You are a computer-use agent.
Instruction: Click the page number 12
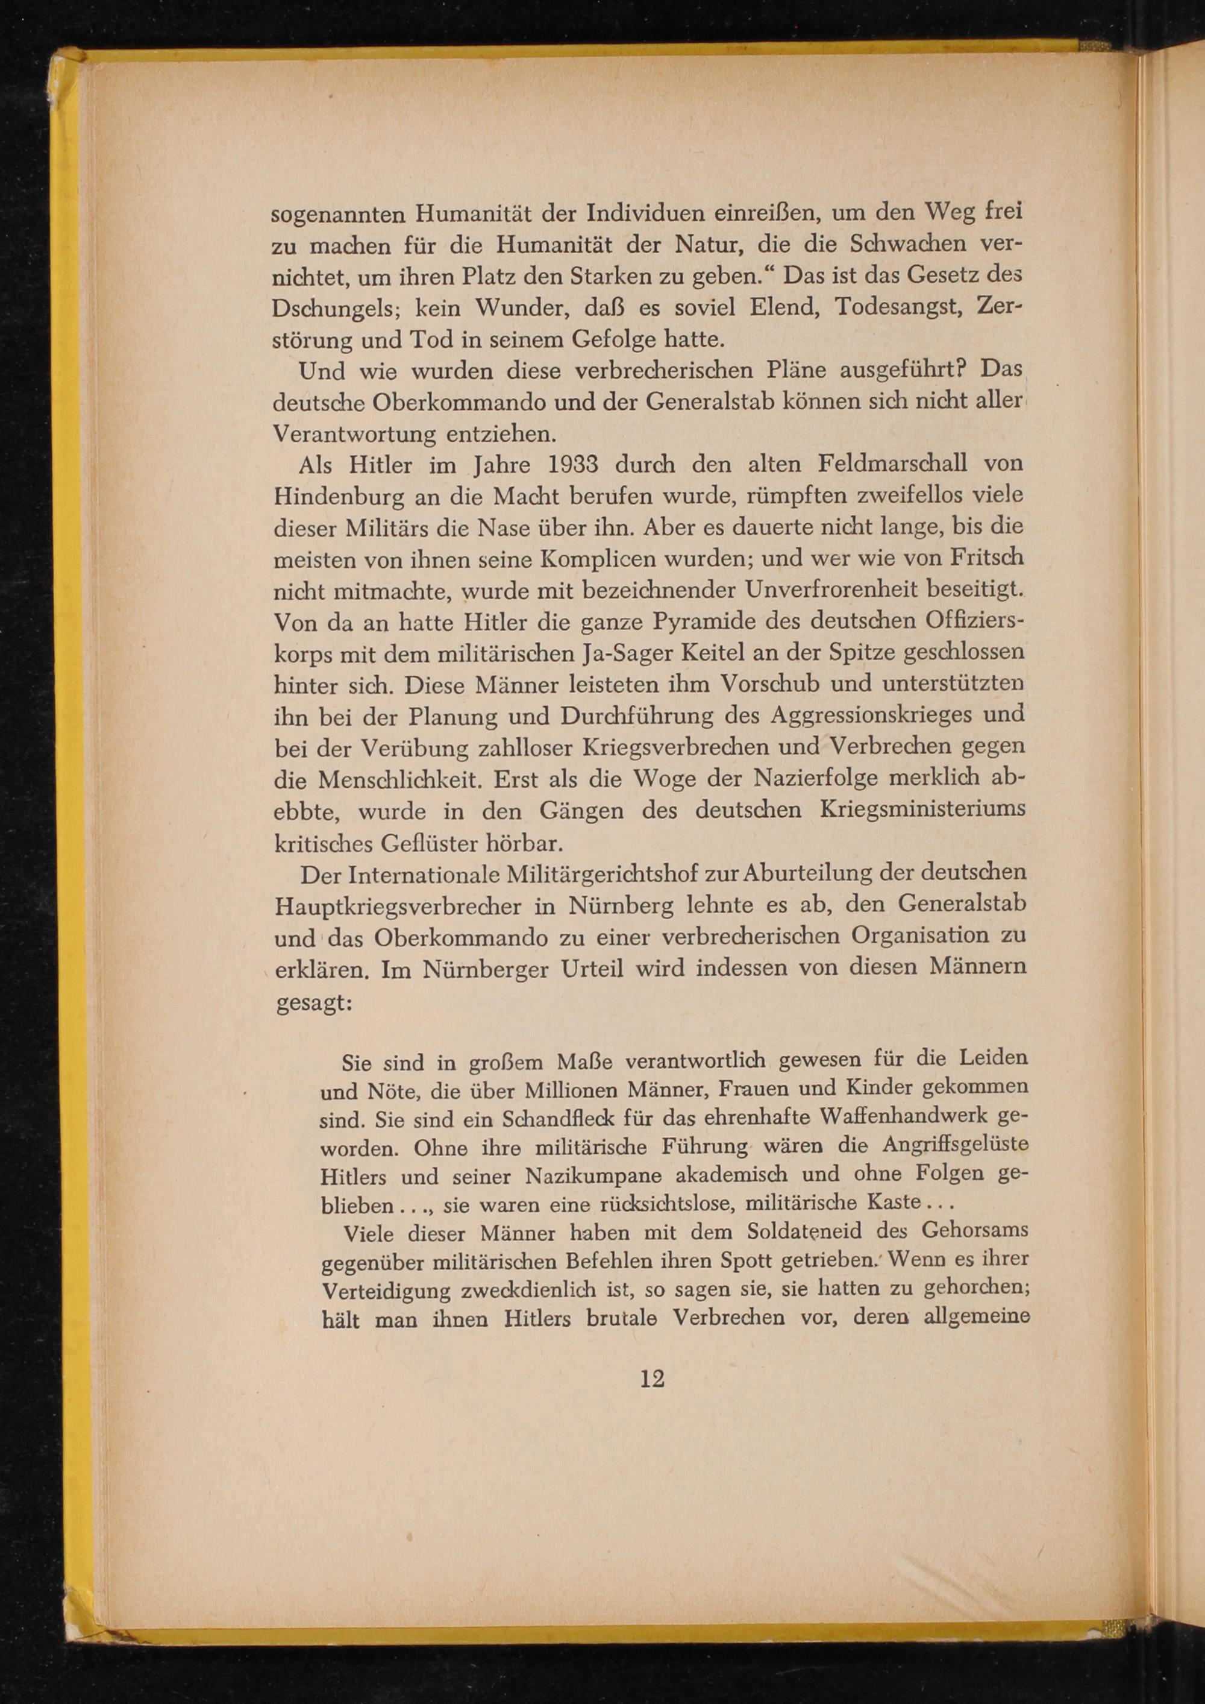653,1380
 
